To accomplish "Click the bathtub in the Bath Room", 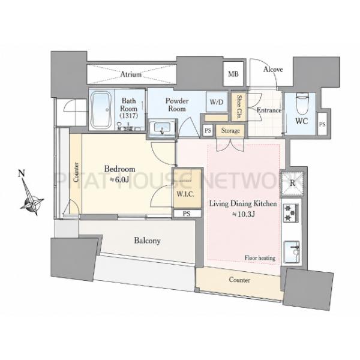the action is coord(101,110).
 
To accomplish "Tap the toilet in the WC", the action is coord(301,104).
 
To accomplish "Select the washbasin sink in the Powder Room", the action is coord(163,129).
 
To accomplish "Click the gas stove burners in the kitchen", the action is coord(290,213).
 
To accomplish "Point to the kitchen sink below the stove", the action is coord(292,251).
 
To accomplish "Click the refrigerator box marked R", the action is coord(292,183).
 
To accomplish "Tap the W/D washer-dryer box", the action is coord(217,102).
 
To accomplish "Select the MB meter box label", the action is coord(233,74).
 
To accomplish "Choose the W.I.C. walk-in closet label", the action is coord(185,194).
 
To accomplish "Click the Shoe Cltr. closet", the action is coord(239,107).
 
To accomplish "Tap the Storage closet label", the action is coord(230,131).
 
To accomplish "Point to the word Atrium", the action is coord(131,74).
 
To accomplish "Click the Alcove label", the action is coord(273,70).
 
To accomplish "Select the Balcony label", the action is coord(147,241).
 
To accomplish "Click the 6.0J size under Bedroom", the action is coord(119,179).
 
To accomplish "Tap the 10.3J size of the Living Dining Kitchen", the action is coord(244,214).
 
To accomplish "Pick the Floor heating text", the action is coord(260,258).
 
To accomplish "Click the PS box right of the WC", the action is coord(322,124).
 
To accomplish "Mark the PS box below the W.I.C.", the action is coord(187,214).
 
